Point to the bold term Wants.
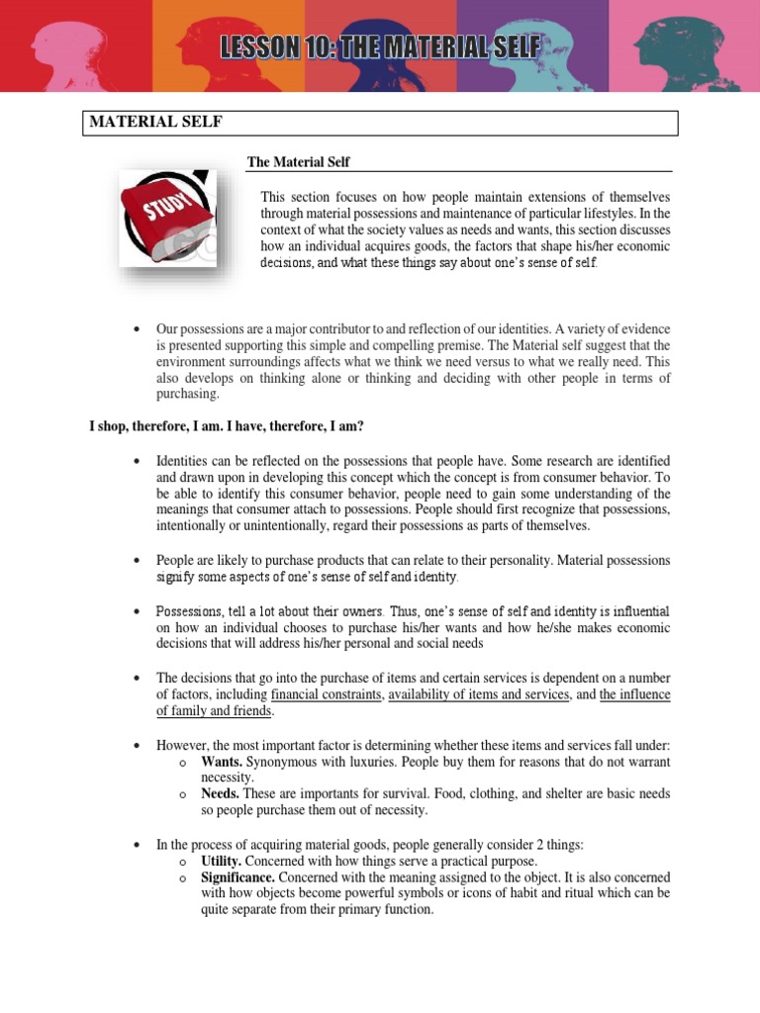click(x=222, y=762)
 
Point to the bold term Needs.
click(x=222, y=793)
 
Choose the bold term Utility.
click(x=225, y=861)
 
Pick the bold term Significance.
click(x=238, y=876)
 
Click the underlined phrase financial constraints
click(x=326, y=694)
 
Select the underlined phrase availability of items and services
click(x=479, y=694)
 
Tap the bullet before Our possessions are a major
click(x=136, y=329)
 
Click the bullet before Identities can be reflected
click(x=136, y=462)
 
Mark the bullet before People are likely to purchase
click(x=136, y=561)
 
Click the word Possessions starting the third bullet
click(x=192, y=611)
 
